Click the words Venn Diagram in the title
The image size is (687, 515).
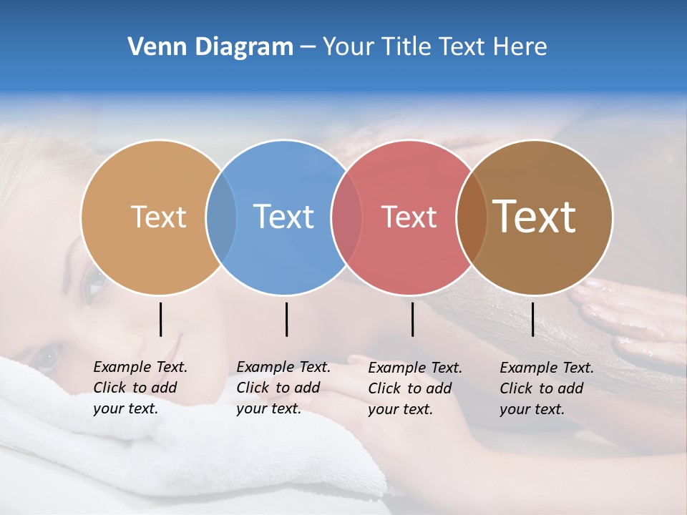(210, 47)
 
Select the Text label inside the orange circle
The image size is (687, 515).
(158, 217)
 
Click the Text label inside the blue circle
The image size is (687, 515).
(284, 217)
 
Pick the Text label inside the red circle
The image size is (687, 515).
(409, 217)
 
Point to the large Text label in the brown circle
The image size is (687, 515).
(535, 217)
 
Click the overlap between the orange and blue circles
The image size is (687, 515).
(221, 217)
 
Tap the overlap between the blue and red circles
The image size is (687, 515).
(346, 217)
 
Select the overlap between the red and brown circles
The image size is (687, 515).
(472, 217)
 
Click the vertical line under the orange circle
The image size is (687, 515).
(161, 319)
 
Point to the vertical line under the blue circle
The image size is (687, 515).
(286, 319)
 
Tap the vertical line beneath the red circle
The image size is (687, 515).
(412, 319)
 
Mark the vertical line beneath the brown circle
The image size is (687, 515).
(533, 319)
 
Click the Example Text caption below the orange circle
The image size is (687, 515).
(140, 388)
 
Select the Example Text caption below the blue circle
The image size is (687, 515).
(283, 388)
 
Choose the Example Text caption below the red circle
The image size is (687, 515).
(415, 388)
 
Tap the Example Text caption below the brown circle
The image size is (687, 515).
(547, 388)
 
